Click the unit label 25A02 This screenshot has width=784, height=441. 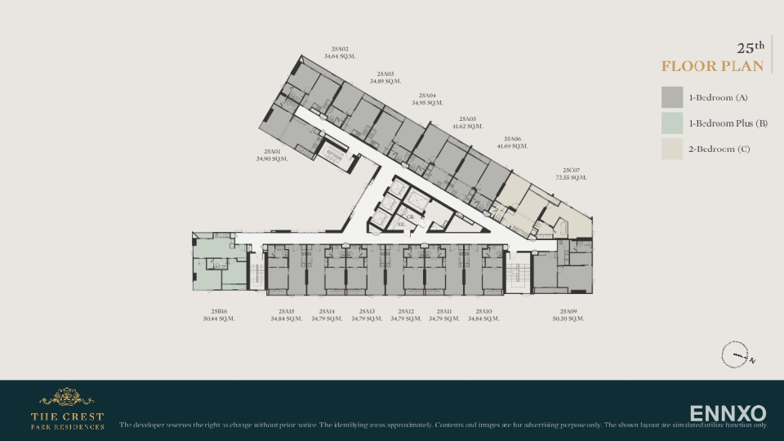tap(341, 49)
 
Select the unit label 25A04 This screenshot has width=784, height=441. tap(427, 96)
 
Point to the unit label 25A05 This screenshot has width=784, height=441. tap(467, 118)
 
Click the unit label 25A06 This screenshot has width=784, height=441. tap(512, 139)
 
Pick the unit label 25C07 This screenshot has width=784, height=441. tap(572, 170)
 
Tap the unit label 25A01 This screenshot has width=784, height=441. tap(272, 151)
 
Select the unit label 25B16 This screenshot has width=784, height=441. tap(218, 311)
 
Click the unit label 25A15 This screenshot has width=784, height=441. tap(286, 311)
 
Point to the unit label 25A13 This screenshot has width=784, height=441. tap(367, 311)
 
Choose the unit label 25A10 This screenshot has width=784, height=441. tap(483, 311)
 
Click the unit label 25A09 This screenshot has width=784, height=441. tap(568, 311)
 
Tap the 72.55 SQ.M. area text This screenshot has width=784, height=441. tap(572, 177)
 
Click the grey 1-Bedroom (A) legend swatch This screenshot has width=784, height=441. tap(672, 97)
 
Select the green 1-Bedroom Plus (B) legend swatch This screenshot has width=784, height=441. tap(672, 123)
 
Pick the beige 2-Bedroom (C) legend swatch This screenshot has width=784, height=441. tap(672, 149)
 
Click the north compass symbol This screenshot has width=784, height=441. tap(735, 355)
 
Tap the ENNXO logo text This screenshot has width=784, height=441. tap(728, 413)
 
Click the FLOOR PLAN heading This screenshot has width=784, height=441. tap(712, 66)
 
